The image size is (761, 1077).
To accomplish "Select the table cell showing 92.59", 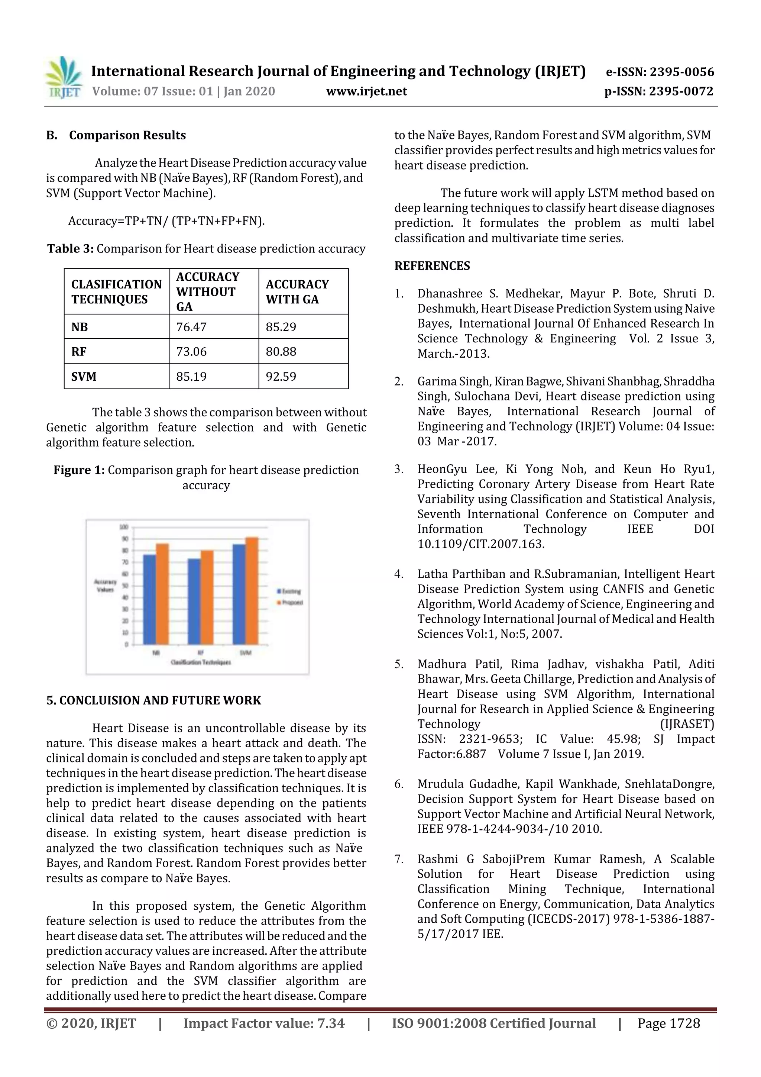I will click(x=281, y=376).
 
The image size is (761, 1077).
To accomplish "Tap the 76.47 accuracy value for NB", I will click(x=191, y=327).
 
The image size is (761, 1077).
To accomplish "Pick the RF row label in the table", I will click(x=79, y=351).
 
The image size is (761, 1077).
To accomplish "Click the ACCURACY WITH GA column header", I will click(x=297, y=291).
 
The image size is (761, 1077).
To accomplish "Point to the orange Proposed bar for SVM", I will click(x=252, y=591).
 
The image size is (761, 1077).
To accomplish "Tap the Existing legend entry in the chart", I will click(x=291, y=591).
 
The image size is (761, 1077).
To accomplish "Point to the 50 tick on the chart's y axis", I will click(x=125, y=586).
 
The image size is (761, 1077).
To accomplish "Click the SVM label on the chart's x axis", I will click(x=246, y=652).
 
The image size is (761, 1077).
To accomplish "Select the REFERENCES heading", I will click(x=432, y=266).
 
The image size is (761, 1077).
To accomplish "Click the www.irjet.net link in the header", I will click(x=366, y=91).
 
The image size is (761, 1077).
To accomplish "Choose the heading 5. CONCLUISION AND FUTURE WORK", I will click(x=153, y=700).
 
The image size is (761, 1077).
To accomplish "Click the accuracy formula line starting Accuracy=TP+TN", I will click(x=166, y=221).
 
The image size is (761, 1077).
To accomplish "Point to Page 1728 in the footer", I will click(x=668, y=1023).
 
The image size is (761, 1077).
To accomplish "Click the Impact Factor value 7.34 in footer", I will click(x=264, y=1023).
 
